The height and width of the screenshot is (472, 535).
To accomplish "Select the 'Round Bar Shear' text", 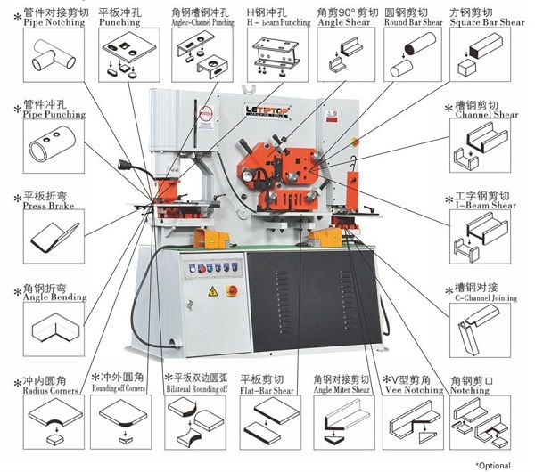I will tap(412, 22).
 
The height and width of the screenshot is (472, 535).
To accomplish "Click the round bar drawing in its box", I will tap(411, 53).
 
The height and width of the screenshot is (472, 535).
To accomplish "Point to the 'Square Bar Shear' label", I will tap(486, 22).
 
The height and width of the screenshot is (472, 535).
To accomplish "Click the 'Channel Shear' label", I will tap(486, 115).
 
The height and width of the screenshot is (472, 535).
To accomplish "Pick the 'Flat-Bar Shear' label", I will tap(268, 390).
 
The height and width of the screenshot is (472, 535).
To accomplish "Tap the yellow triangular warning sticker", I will tap(213, 291).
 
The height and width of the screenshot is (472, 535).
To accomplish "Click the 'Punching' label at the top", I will tap(119, 22).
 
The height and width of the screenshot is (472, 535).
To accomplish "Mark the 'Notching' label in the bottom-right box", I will tap(470, 390).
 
